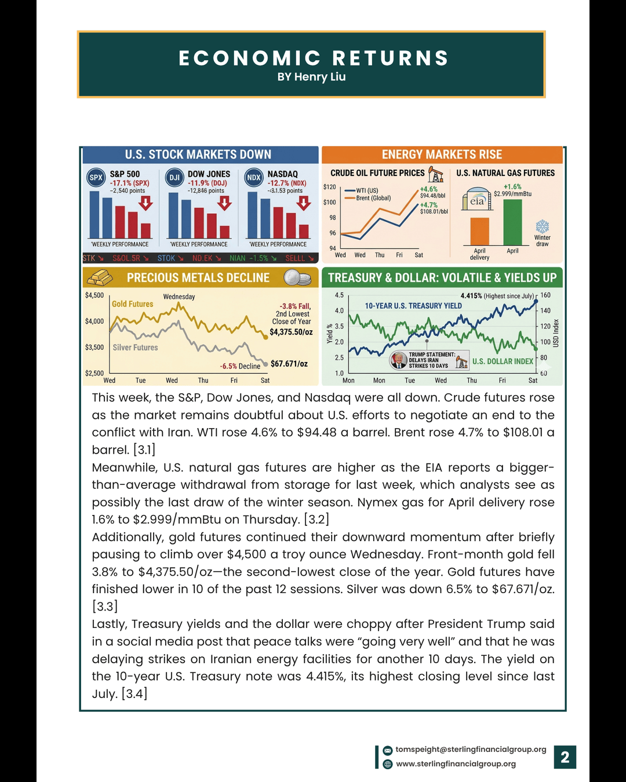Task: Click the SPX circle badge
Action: pyautogui.click(x=96, y=178)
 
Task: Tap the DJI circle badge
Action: pyautogui.click(x=174, y=178)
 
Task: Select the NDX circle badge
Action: pyautogui.click(x=254, y=178)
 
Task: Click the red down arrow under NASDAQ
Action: pyautogui.click(x=303, y=203)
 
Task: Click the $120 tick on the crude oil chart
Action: pyautogui.click(x=329, y=187)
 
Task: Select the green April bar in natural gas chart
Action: pyautogui.click(x=512, y=222)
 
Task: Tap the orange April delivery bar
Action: pyautogui.click(x=479, y=232)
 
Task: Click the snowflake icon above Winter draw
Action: pyautogui.click(x=542, y=226)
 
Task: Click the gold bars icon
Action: pyautogui.click(x=100, y=277)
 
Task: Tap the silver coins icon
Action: pyautogui.click(x=297, y=278)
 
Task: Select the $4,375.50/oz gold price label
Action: pyautogui.click(x=291, y=332)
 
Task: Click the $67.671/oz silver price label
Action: pyautogui.click(x=289, y=364)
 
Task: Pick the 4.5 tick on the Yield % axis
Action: pyautogui.click(x=339, y=295)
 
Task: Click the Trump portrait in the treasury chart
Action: pyautogui.click(x=398, y=360)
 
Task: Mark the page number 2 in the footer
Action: pyautogui.click(x=565, y=757)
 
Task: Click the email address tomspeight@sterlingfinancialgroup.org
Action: pyautogui.click(x=471, y=750)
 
